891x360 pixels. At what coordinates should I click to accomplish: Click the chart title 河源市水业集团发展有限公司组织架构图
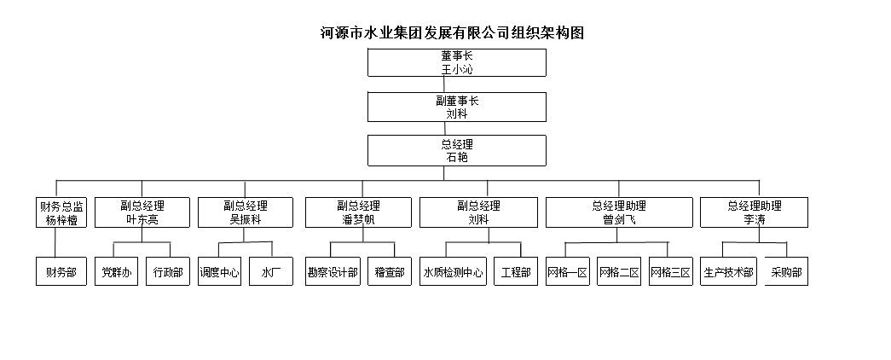click(451, 33)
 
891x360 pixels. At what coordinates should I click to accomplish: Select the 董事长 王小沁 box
click(457, 62)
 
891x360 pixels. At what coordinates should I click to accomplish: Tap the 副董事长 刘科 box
click(457, 107)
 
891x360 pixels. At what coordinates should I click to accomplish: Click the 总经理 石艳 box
click(457, 151)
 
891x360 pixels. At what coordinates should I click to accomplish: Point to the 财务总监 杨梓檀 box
click(61, 212)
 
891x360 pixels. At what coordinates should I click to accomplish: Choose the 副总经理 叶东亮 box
click(142, 212)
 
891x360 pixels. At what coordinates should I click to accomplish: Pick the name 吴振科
click(246, 220)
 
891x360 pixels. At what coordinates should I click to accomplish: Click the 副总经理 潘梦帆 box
click(358, 212)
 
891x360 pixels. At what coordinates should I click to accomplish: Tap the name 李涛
click(754, 220)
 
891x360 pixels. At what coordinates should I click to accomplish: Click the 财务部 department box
click(61, 272)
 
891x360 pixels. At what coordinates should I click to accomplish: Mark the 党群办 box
click(116, 272)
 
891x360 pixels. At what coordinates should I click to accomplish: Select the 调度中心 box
click(219, 272)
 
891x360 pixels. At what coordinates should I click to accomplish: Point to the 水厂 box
click(271, 272)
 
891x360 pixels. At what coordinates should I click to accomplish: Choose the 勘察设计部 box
click(333, 272)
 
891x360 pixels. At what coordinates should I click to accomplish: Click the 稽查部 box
click(390, 272)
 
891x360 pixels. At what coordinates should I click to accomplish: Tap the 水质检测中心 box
click(454, 272)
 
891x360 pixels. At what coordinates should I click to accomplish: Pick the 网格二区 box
click(619, 272)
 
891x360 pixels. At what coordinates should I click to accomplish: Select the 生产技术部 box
click(728, 272)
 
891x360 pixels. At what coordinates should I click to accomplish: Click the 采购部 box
click(785, 272)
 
